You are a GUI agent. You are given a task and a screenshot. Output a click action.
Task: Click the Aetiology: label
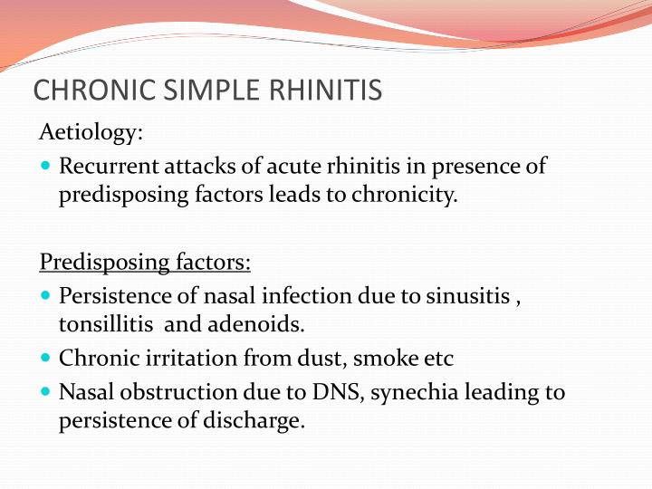point(91,133)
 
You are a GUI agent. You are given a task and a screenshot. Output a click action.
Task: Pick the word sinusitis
point(475,295)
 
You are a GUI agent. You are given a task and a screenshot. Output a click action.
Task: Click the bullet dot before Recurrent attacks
point(47,168)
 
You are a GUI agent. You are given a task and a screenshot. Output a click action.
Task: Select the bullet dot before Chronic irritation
point(47,359)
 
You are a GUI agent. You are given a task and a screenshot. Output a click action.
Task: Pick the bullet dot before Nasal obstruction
point(47,393)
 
